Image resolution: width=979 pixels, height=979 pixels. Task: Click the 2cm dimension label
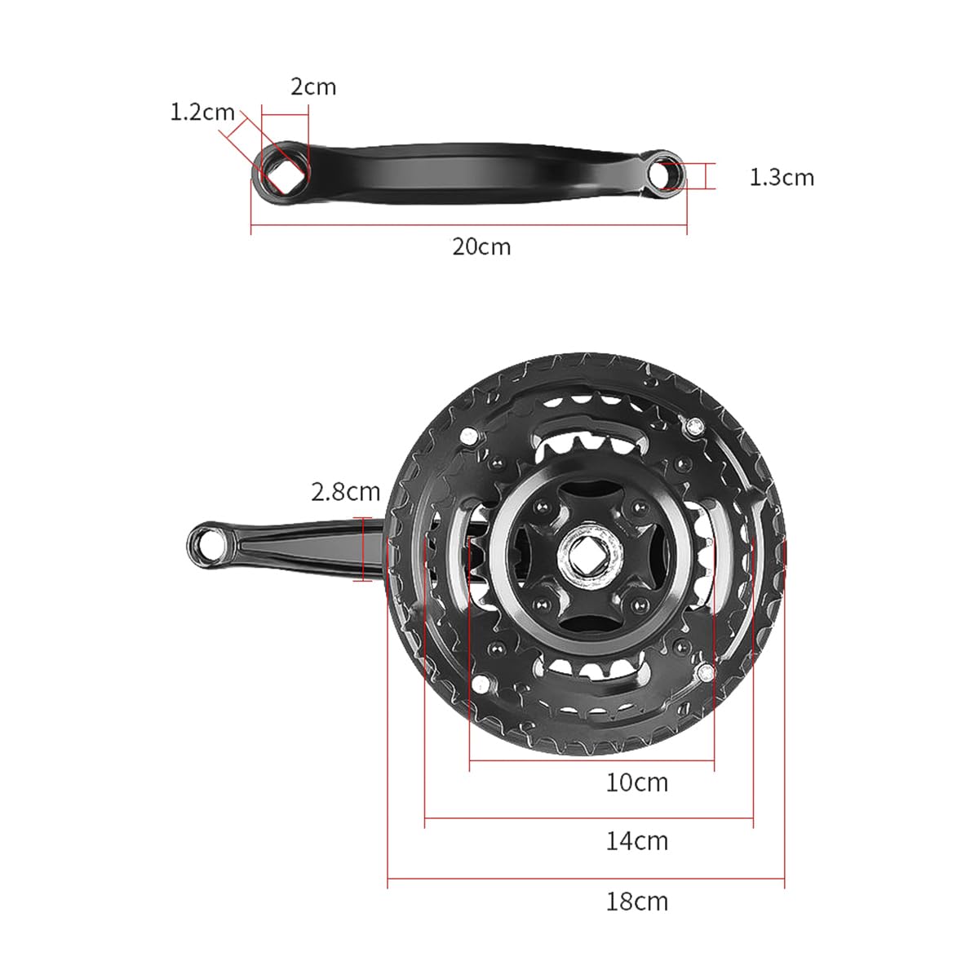coord(313,86)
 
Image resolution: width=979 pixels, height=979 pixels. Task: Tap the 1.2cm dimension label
coord(202,113)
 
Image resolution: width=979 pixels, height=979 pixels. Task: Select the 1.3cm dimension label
coord(782,177)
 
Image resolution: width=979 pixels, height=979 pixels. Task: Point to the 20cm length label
coord(481,247)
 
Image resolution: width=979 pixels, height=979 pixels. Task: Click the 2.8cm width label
coord(345,492)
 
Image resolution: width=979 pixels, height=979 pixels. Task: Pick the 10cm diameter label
coord(637,782)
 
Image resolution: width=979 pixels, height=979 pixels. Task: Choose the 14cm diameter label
coord(637,841)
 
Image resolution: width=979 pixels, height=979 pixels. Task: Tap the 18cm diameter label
coord(637,901)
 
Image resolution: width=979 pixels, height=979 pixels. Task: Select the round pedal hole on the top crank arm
coord(665,175)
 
